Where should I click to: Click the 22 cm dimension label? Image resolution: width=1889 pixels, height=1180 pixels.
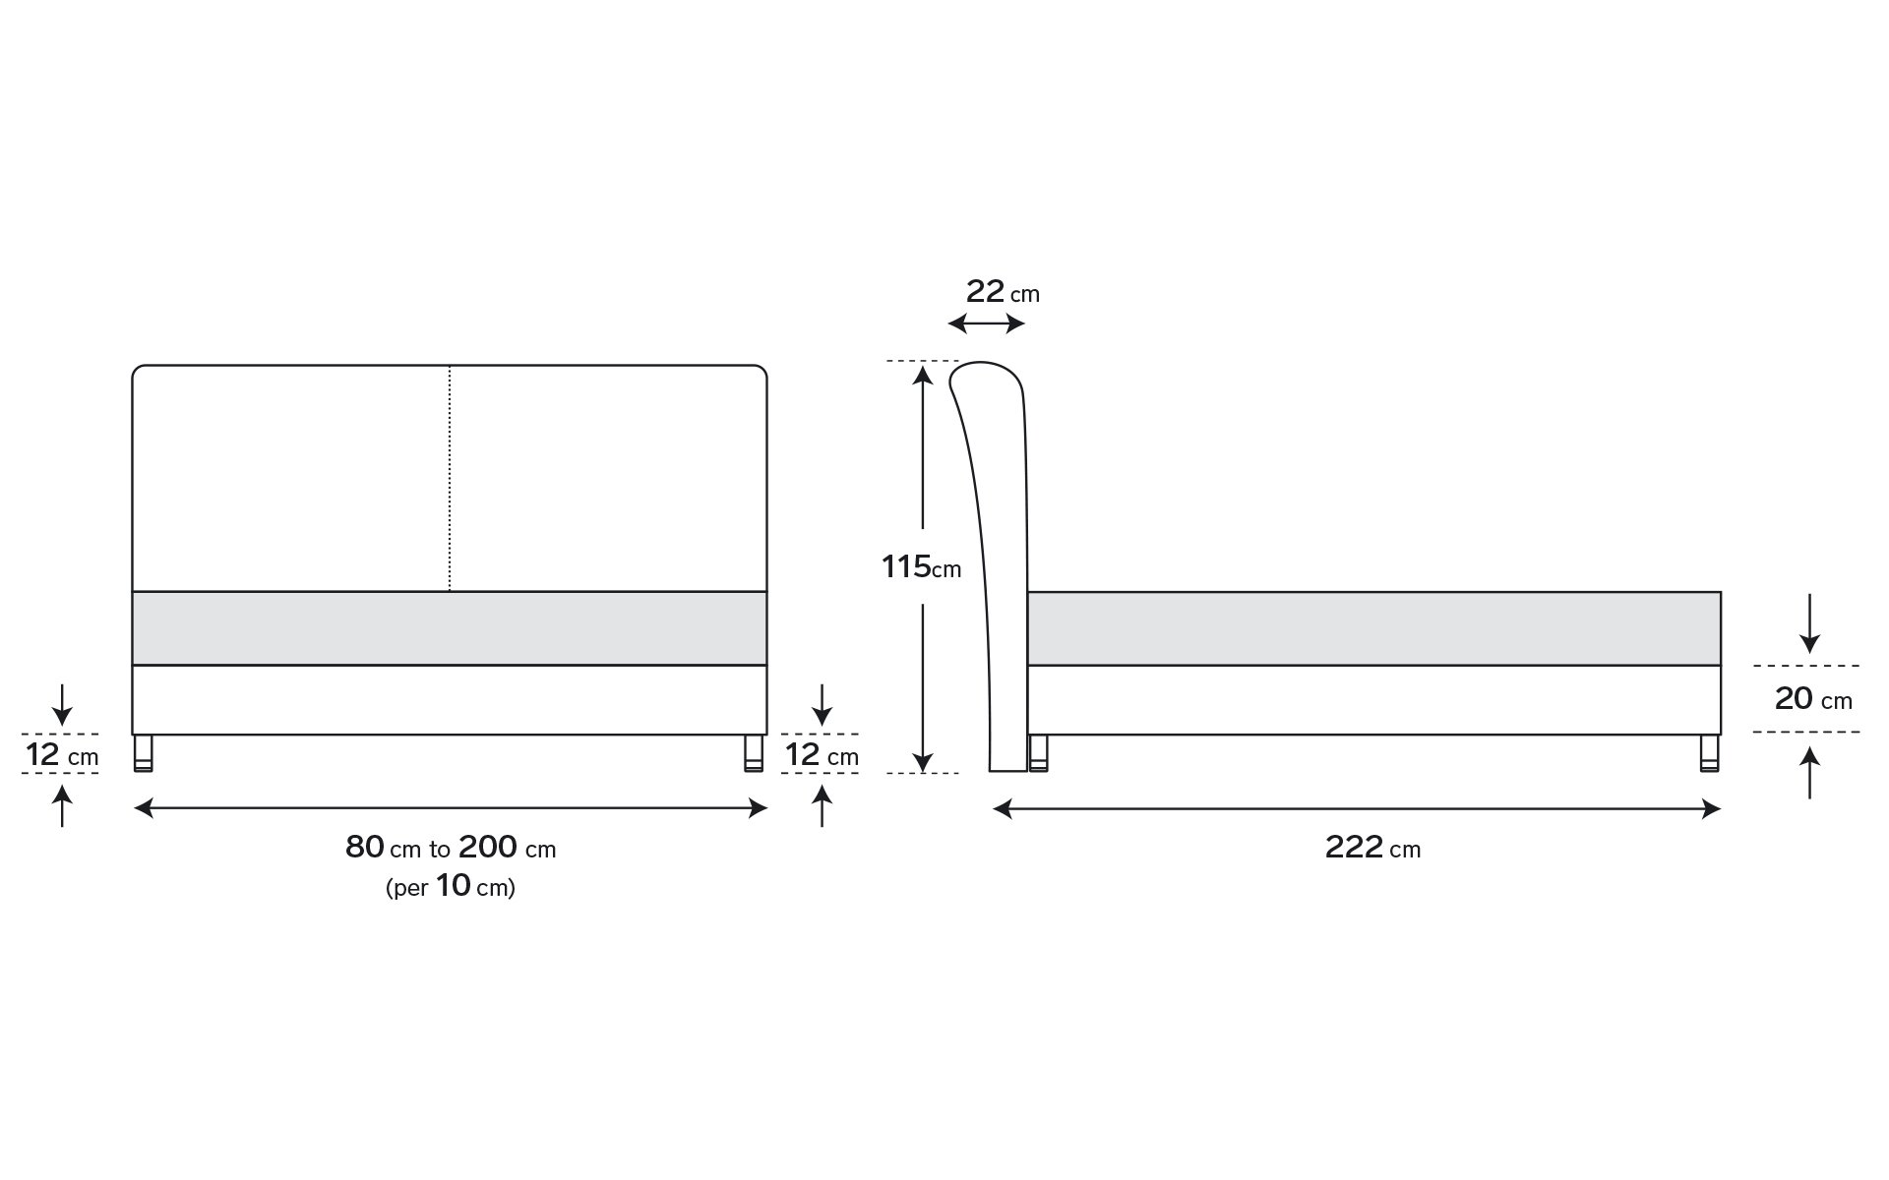pos(1003,292)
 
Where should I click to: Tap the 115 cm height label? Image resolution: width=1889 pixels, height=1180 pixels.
pos(921,566)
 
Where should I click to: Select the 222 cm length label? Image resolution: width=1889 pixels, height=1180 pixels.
pos(1372,848)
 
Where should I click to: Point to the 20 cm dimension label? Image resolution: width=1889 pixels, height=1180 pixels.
pos(1813,699)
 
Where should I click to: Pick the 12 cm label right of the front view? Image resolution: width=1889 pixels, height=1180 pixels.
pos(822,755)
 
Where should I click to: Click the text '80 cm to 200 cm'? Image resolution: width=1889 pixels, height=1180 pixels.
pos(451,848)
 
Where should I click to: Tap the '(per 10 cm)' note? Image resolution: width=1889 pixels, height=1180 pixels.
pos(451,887)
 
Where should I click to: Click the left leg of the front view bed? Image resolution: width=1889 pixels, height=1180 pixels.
pos(145,753)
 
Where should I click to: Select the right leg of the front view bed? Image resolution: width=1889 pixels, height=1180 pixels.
pos(754,753)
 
